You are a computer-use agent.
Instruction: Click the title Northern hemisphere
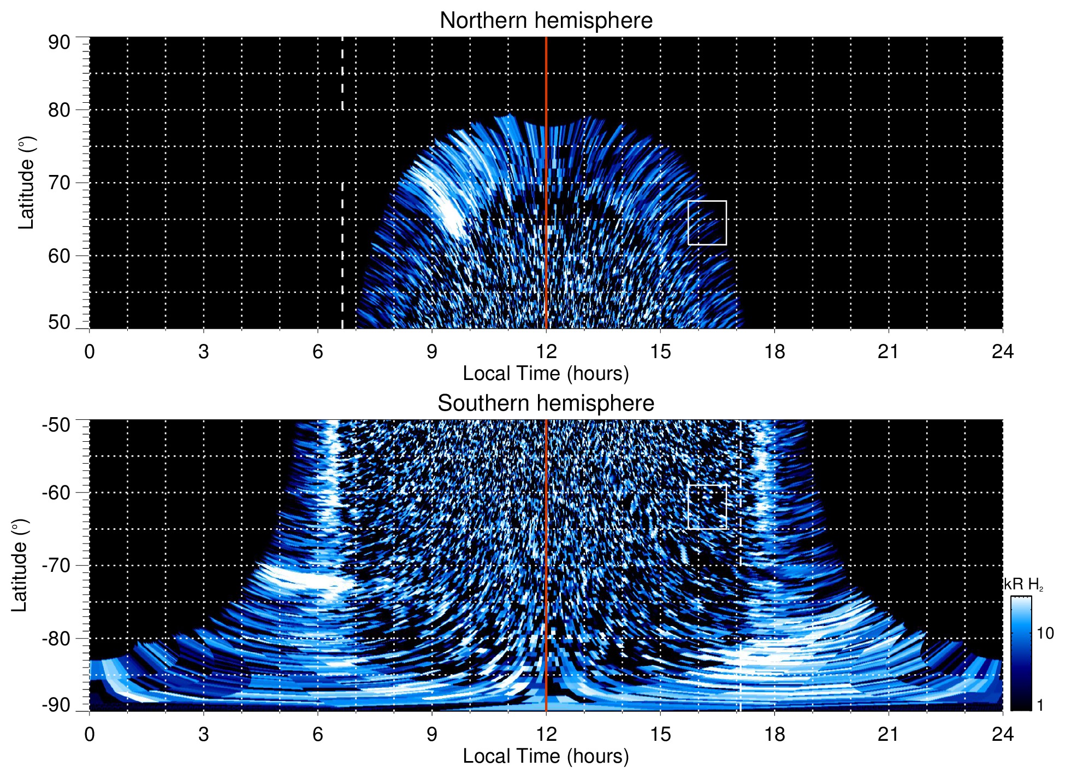(x=546, y=21)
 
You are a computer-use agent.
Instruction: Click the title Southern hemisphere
(x=546, y=403)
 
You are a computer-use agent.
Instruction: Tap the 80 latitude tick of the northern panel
(x=59, y=110)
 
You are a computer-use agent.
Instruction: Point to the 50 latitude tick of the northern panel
(x=59, y=323)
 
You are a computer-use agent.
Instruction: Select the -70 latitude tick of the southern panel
(x=56, y=565)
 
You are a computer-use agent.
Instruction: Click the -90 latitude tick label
(x=56, y=705)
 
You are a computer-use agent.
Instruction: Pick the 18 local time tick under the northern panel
(x=774, y=352)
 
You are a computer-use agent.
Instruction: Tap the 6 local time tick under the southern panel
(x=318, y=734)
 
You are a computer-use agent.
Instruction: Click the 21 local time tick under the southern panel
(x=889, y=734)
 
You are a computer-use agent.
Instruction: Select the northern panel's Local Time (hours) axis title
(x=546, y=374)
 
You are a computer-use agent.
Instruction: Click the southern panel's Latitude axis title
(x=20, y=565)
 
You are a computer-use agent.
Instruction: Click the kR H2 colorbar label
(x=1023, y=584)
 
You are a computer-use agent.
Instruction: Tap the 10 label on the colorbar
(x=1045, y=634)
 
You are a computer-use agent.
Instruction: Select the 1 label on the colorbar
(x=1040, y=705)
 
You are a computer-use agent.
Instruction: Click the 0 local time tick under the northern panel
(x=90, y=352)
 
